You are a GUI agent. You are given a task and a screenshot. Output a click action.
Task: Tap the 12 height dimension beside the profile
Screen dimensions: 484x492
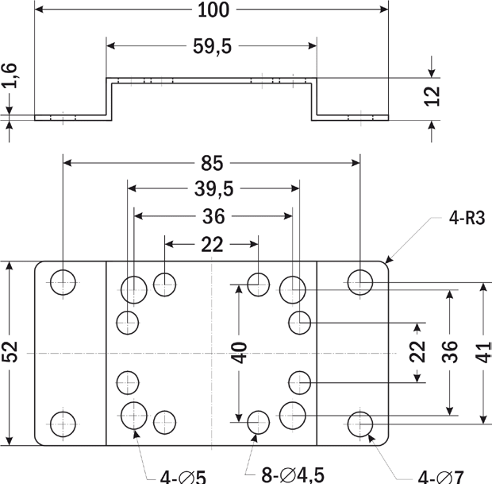click(432, 96)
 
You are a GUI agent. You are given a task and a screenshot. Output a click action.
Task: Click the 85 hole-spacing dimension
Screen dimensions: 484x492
click(211, 164)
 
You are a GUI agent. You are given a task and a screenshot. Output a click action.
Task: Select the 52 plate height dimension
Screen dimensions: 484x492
click(10, 353)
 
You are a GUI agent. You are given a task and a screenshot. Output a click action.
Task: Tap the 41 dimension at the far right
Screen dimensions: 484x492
click(484, 352)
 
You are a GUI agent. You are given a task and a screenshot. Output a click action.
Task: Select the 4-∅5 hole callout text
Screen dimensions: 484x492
click(183, 477)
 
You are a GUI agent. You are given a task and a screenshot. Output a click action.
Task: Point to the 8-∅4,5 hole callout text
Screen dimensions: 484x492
click(293, 475)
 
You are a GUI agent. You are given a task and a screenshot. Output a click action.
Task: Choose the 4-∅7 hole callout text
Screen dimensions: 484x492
click(440, 477)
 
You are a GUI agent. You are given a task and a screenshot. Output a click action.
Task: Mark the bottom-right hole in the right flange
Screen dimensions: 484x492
click(360, 424)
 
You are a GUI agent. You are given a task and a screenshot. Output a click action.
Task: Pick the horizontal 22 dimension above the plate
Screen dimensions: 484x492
click(211, 245)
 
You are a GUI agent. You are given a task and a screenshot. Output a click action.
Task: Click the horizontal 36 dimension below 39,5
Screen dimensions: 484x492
click(213, 216)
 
